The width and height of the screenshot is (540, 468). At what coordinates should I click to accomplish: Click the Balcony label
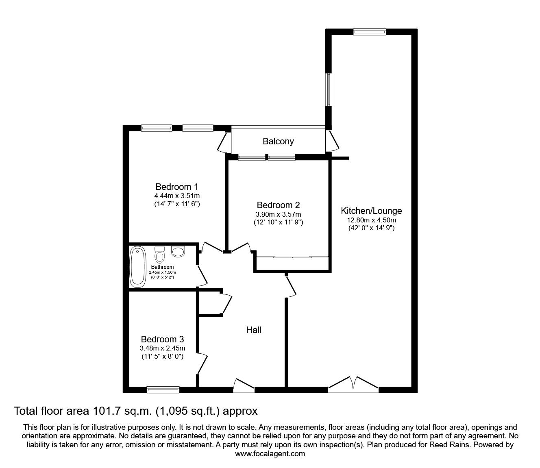click(x=278, y=141)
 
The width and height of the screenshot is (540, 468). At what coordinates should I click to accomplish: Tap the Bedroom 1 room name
click(x=176, y=187)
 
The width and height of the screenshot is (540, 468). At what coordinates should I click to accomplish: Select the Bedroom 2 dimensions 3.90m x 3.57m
click(x=278, y=214)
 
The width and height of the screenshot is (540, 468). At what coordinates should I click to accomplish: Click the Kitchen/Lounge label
click(x=371, y=211)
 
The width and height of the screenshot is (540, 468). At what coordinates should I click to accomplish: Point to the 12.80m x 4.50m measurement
click(x=371, y=220)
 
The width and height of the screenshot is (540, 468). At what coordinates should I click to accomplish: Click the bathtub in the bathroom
click(x=137, y=267)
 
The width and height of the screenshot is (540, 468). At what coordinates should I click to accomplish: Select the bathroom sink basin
click(x=178, y=251)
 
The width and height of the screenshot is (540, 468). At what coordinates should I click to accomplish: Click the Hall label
click(x=254, y=330)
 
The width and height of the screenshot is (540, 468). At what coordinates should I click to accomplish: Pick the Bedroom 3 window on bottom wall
click(x=163, y=390)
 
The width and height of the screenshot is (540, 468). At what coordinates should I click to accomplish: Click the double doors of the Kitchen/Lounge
click(x=353, y=384)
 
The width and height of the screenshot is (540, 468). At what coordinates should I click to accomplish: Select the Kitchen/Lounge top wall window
click(x=369, y=32)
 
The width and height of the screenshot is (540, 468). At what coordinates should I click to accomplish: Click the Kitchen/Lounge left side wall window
click(x=329, y=89)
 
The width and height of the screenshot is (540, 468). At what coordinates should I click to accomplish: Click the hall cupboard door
click(x=227, y=303)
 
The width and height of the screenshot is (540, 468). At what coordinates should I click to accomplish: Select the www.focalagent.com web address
click(x=270, y=454)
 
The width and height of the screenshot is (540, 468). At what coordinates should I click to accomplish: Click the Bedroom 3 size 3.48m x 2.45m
click(x=162, y=348)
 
